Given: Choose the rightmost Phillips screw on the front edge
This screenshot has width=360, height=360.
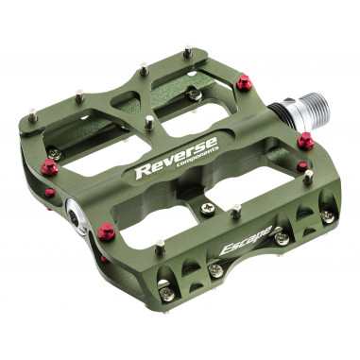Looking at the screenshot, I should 327,216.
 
